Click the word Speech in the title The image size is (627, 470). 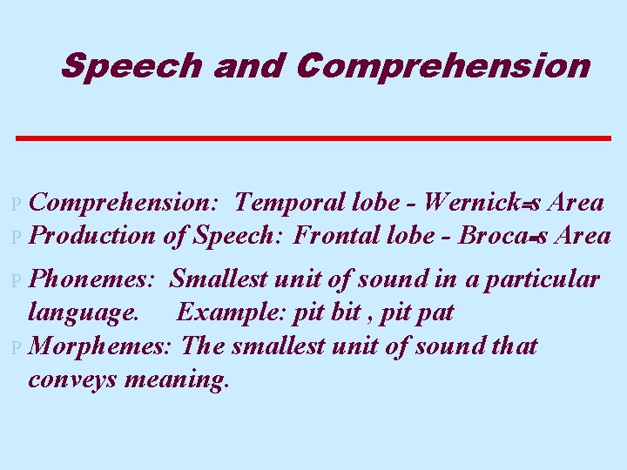[x=131, y=65]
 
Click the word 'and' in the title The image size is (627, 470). [x=248, y=65]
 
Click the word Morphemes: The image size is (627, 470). [x=104, y=346]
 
